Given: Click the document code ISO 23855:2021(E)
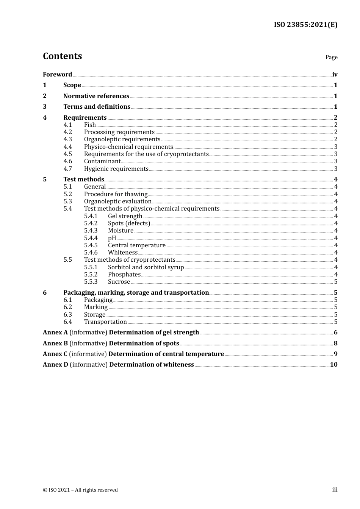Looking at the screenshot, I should click(x=305, y=25).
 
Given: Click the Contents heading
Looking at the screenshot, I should click(x=62, y=56).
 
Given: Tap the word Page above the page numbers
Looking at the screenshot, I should click(x=331, y=57).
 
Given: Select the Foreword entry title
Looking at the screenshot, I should click(x=57, y=75).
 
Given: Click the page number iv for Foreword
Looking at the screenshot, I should click(x=335, y=75).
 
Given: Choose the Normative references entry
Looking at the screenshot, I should click(x=96, y=96).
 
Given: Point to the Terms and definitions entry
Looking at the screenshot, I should click(x=97, y=107).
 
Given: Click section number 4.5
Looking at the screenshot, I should click(x=67, y=154).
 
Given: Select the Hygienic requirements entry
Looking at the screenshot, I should click(x=116, y=169).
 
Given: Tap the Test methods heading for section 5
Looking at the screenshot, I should click(x=83, y=180).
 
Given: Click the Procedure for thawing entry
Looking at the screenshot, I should click(x=116, y=194).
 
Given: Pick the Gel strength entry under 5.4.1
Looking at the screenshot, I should click(x=125, y=216).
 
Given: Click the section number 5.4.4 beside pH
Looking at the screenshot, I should click(x=91, y=238).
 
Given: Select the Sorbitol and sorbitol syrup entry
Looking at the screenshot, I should click(x=146, y=267).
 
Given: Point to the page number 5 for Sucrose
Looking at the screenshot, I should click(x=335, y=282).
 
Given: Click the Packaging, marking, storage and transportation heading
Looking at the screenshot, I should click(x=136, y=293).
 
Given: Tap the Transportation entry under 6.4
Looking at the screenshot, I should click(x=105, y=322).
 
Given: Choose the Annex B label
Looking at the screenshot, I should click(x=55, y=343).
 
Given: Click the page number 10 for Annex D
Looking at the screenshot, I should click(x=333, y=365).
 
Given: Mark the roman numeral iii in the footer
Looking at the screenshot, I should click(x=335, y=490).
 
